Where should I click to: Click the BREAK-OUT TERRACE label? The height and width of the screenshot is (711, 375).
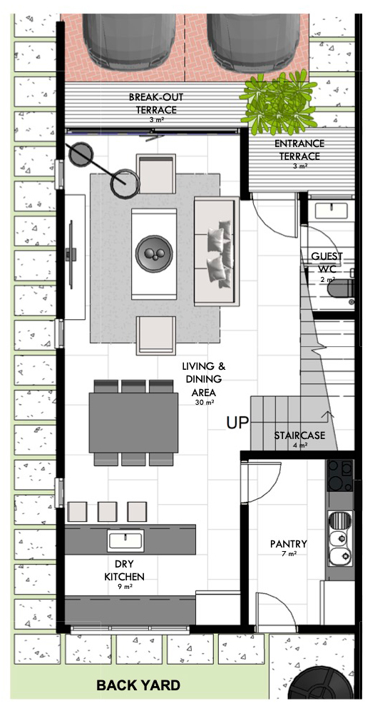click(153, 104)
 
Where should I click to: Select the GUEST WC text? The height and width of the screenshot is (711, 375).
click(327, 263)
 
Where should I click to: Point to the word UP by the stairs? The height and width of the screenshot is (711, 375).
click(237, 423)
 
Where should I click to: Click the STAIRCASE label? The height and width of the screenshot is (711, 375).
click(299, 435)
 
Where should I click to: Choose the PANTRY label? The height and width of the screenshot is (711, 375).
click(288, 544)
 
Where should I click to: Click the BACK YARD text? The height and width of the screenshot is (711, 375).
click(138, 686)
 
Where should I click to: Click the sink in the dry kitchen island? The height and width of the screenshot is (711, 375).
click(125, 540)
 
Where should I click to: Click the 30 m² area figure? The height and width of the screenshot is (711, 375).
click(204, 403)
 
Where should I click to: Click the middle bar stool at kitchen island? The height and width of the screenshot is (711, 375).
click(107, 511)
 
